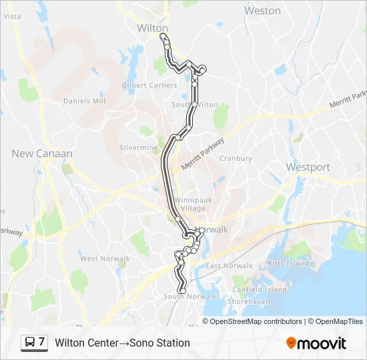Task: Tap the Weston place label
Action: point(262,11)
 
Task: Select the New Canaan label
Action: point(42,153)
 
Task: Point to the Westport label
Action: point(308,167)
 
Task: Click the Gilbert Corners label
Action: point(149,85)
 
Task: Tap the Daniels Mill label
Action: point(85,101)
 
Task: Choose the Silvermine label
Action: point(138,147)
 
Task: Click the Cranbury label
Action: point(236,159)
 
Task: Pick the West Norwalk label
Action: point(99,259)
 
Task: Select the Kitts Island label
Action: point(288,263)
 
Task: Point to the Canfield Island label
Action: point(260,289)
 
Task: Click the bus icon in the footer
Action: point(30,343)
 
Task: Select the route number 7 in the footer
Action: point(41,343)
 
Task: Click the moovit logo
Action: point(316,343)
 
